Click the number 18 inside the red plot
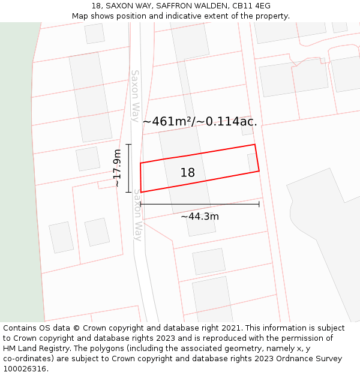(188, 173)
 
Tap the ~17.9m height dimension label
(117, 169)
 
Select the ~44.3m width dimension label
(200, 216)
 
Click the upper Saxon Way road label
(136, 95)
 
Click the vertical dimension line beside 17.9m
(129, 168)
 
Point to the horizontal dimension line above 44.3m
(200, 205)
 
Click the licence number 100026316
(25, 368)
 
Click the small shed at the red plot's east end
(252, 163)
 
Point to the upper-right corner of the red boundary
(255, 145)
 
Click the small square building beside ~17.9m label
(88, 159)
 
